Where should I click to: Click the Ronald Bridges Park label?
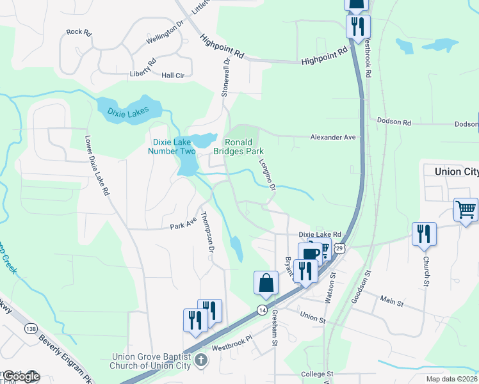coord(243,147)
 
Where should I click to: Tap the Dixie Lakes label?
coord(128,111)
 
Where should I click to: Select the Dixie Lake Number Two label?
coord(172,147)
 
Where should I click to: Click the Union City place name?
coord(456,172)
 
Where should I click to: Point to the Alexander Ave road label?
coord(332,137)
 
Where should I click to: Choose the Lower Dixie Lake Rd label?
coord(98,165)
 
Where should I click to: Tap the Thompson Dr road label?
coord(206,231)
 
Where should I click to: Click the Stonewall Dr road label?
coord(225,77)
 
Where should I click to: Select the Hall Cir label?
coord(173,76)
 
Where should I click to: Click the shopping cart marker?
coord(466,209)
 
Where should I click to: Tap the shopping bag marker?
coord(266,282)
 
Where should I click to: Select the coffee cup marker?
coord(310,253)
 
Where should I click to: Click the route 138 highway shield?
coord(31,328)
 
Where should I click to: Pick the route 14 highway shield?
coord(262,310)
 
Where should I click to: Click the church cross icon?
coord(201,360)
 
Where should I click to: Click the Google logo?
coord(20,376)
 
